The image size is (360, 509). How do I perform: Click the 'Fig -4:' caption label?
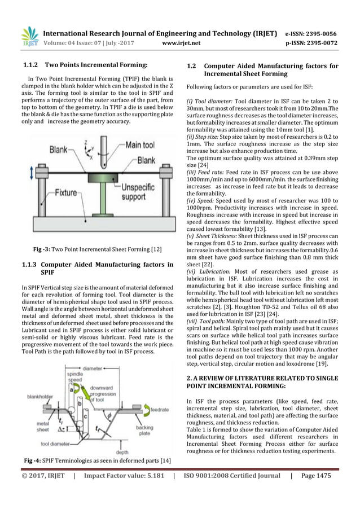tap(34, 462)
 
